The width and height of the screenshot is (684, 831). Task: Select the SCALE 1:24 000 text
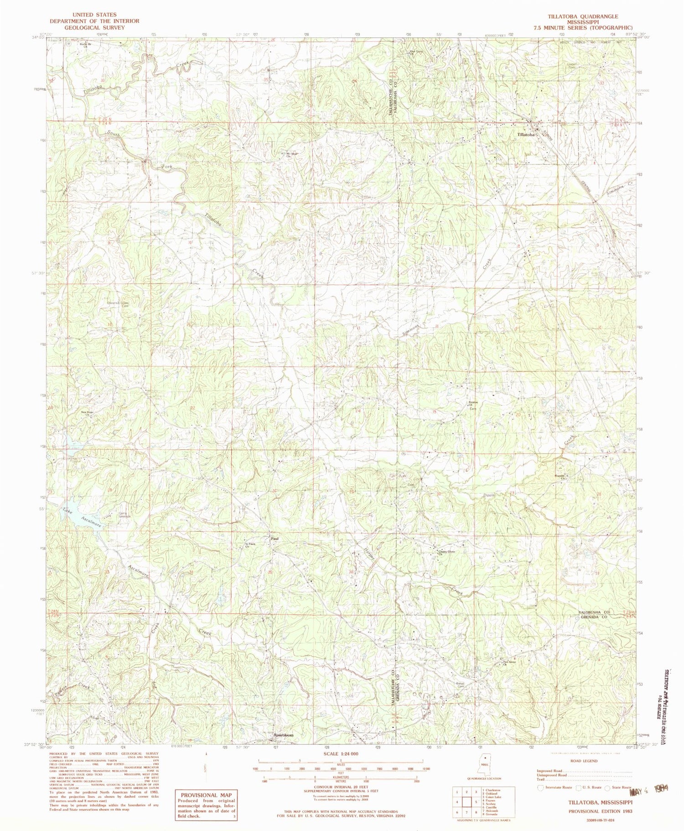click(341, 754)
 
